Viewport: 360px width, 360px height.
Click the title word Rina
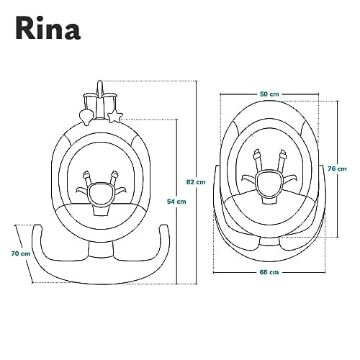48,28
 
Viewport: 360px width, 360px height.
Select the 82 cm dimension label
196,182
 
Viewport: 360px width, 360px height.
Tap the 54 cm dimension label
176,202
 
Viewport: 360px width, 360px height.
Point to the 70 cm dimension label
21,253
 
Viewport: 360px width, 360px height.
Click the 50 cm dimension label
269,94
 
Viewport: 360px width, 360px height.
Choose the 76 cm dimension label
337,168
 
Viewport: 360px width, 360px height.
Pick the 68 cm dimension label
269,272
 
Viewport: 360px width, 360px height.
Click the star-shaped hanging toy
115,117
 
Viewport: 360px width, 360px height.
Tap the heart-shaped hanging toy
86,116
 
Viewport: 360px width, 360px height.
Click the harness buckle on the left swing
100,194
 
